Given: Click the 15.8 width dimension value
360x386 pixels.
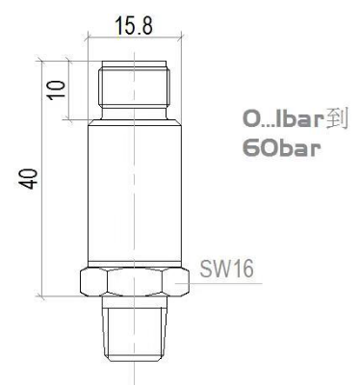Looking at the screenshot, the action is [x=134, y=26].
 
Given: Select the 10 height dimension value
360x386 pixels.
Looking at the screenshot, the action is [x=57, y=90].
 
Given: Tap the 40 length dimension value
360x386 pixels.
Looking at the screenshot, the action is [x=28, y=178].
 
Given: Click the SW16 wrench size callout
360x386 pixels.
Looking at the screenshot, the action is [x=226, y=269].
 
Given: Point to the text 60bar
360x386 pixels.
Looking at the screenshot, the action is [x=281, y=148].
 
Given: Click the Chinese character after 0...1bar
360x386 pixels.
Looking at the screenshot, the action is [x=337, y=119].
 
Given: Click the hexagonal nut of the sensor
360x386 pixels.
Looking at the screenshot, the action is [x=134, y=282].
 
